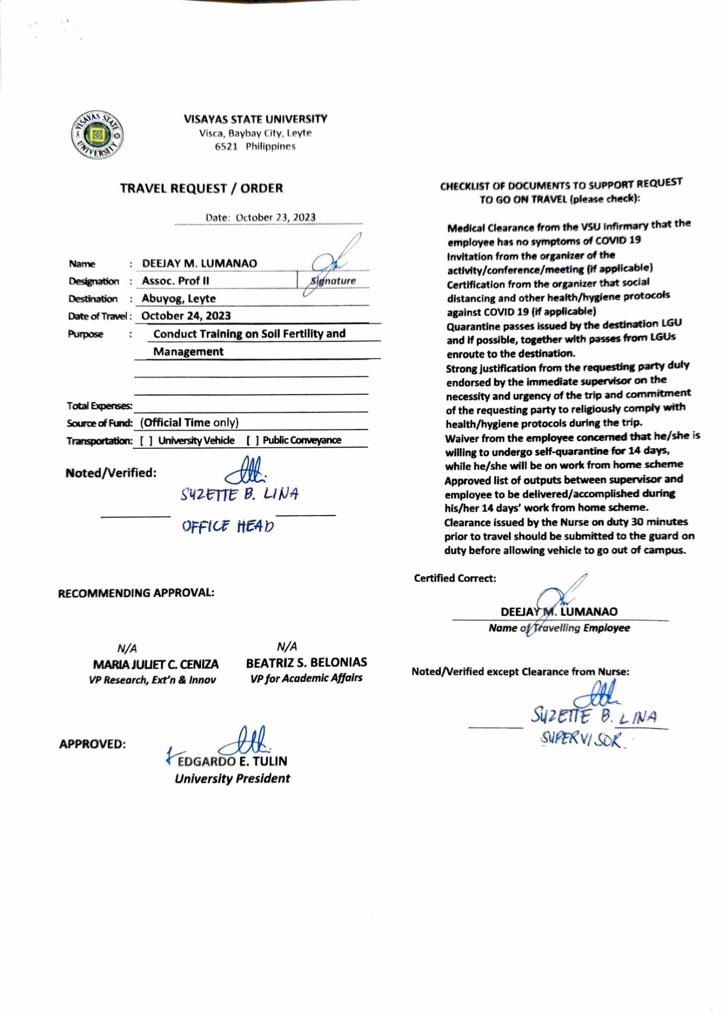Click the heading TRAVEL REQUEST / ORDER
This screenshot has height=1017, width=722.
click(x=201, y=188)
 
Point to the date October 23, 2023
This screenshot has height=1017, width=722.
click(x=275, y=218)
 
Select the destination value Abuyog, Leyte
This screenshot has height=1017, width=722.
click(x=178, y=298)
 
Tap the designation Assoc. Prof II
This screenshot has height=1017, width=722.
click(x=175, y=281)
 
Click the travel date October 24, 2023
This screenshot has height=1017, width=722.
click(x=186, y=316)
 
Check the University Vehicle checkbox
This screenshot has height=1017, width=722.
click(x=146, y=440)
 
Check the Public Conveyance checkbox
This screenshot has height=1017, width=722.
click(x=252, y=440)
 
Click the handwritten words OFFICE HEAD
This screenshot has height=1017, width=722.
click(x=228, y=526)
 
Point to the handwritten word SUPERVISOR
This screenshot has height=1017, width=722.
click(x=581, y=740)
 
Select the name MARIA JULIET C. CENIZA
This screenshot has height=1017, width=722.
click(x=156, y=664)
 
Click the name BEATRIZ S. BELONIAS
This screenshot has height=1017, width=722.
click(x=306, y=662)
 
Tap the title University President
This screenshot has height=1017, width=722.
click(x=232, y=779)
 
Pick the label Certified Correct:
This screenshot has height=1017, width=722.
click(x=455, y=578)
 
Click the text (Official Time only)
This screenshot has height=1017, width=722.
click(x=189, y=423)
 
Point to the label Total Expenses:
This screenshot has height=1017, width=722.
click(x=99, y=406)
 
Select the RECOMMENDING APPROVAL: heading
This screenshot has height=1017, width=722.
click(x=136, y=593)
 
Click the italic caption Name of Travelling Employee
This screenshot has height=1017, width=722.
click(x=559, y=628)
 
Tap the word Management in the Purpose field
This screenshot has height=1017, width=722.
click(x=188, y=352)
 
